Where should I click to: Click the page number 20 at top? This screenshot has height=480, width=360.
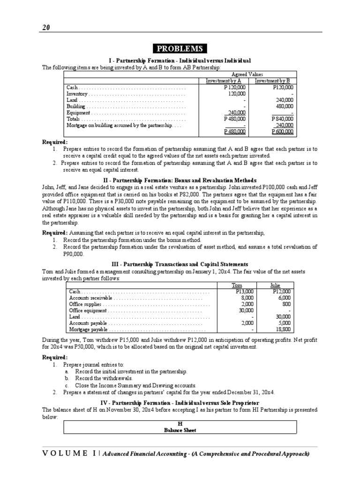(x=45, y=27)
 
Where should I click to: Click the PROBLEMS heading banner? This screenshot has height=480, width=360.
(x=180, y=49)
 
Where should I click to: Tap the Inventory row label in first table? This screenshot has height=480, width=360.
(x=77, y=94)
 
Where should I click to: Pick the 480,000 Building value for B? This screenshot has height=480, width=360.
(x=284, y=106)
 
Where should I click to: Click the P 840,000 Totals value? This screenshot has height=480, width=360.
(x=282, y=119)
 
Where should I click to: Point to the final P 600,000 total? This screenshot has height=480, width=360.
(x=282, y=132)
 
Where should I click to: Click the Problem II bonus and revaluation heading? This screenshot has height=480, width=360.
(x=180, y=180)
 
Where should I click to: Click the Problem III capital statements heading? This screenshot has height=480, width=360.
(x=180, y=264)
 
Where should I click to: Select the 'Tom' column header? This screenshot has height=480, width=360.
(x=237, y=285)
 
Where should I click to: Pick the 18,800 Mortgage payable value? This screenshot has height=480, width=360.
(x=284, y=330)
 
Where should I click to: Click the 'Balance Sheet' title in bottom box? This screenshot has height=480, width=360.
(x=180, y=430)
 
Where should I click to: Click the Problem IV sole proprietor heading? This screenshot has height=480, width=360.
(x=180, y=403)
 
